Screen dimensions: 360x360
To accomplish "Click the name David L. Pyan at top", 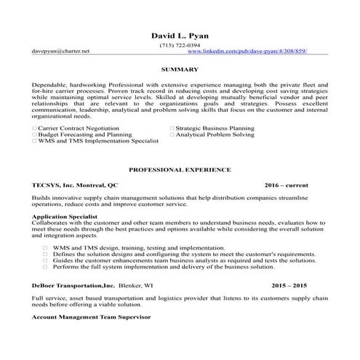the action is (x=179, y=35).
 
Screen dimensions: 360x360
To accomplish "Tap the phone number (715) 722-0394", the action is (x=180, y=45).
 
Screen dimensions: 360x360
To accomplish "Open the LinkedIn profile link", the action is (x=247, y=52).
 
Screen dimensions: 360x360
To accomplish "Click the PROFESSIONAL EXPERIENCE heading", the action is (x=180, y=169).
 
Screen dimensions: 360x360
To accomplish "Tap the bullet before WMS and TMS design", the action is (x=45, y=247).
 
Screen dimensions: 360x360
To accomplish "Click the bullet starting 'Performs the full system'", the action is (x=45, y=267).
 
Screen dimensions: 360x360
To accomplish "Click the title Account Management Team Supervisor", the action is (x=92, y=318).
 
